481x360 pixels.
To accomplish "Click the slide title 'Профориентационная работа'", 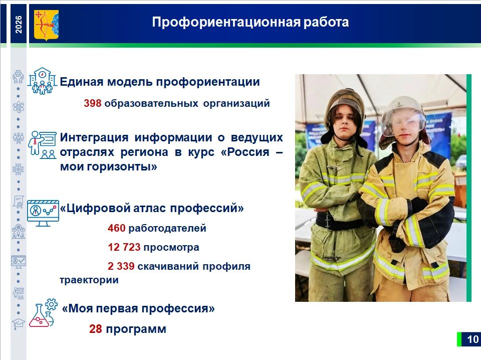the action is (x=251, y=22).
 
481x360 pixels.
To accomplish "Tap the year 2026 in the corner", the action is (x=19, y=25).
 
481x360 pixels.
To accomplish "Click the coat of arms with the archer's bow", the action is (x=46, y=26).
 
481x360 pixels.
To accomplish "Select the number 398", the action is (x=93, y=103).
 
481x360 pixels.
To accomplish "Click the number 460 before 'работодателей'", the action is (x=117, y=228).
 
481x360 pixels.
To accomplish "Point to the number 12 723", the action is (x=124, y=247).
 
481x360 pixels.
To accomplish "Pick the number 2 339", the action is (x=121, y=266).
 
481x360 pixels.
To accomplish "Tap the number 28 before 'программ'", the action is (x=96, y=329).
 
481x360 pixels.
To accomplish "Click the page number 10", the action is (x=472, y=339).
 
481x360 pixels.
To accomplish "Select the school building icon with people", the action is (x=42, y=81).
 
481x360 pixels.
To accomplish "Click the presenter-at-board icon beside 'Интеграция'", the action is (x=42, y=144).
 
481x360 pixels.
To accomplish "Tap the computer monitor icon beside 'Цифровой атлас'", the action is (x=43, y=213).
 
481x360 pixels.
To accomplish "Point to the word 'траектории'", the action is (x=89, y=280).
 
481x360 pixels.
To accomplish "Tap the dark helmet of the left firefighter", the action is (x=345, y=103).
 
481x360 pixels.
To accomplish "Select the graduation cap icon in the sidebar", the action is (x=19, y=324).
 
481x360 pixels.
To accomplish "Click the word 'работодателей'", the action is (x=167, y=228).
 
